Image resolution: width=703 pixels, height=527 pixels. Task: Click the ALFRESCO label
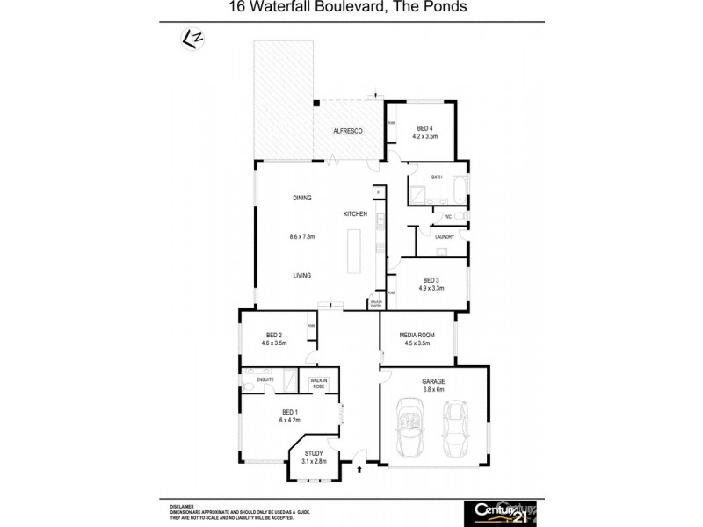(x=348, y=130)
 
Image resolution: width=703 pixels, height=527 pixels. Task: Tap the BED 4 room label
(x=425, y=128)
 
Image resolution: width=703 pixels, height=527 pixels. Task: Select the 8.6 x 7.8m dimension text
(x=301, y=236)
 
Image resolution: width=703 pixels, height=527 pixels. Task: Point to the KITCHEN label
(x=354, y=214)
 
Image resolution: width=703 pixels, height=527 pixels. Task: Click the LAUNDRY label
(x=443, y=236)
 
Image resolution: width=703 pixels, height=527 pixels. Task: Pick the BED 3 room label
(x=431, y=280)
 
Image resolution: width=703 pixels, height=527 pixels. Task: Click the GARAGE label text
(x=433, y=381)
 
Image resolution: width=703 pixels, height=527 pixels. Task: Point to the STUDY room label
(x=314, y=453)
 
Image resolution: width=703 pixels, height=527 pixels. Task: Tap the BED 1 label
(x=290, y=412)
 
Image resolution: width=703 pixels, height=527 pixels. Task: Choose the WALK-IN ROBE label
(x=317, y=384)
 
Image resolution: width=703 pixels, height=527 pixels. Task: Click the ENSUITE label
(x=265, y=379)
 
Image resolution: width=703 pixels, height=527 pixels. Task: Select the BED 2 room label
(x=273, y=335)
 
